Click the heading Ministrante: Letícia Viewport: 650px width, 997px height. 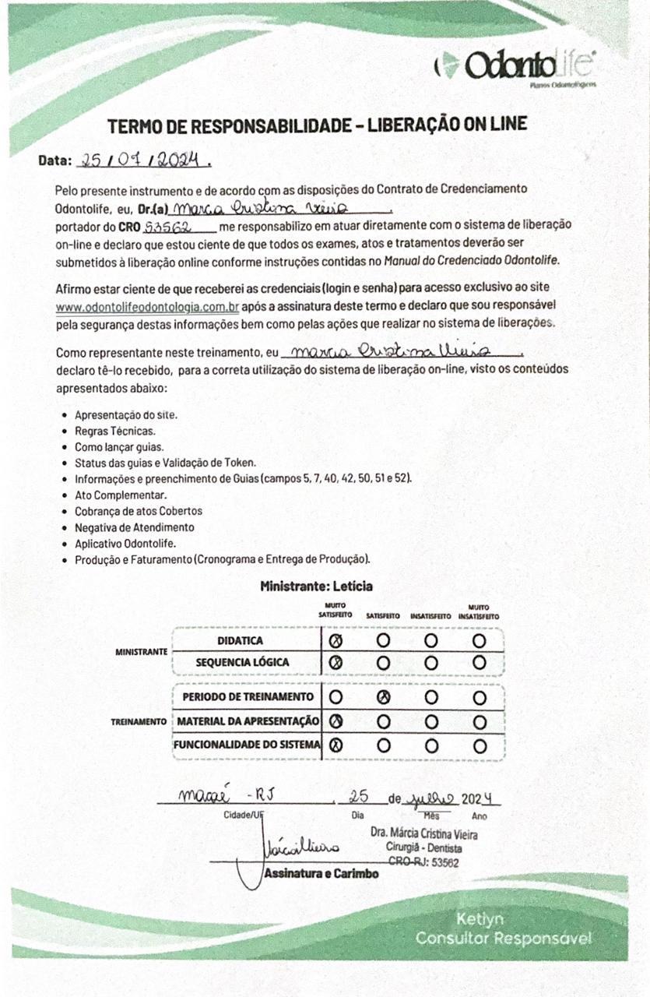pyautogui.click(x=317, y=586)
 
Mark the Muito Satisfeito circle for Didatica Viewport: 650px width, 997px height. pyautogui.click(x=336, y=641)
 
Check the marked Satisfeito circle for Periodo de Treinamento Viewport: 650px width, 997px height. pyautogui.click(x=383, y=696)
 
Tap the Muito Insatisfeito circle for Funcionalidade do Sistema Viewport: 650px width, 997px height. pyautogui.click(x=479, y=745)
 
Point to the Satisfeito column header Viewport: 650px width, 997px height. pyautogui.click(x=383, y=616)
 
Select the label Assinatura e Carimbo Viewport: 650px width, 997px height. pyautogui.click(x=321, y=874)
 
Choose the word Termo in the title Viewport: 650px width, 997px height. pyautogui.click(x=130, y=125)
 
